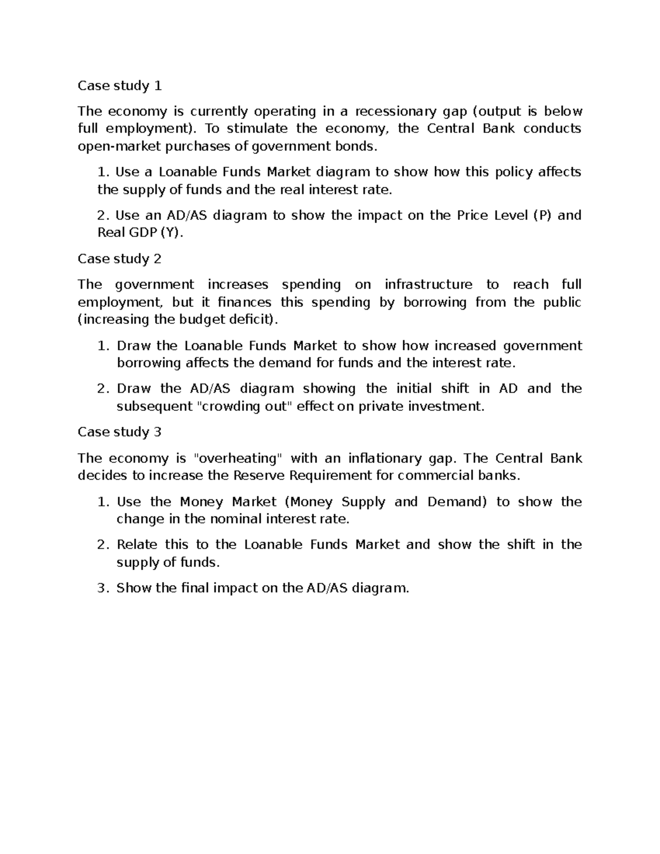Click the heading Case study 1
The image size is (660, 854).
coord(120,86)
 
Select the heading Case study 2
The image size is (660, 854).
coord(120,259)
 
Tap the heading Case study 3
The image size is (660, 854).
coord(120,432)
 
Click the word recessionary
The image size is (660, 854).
coord(396,112)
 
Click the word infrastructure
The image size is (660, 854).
coord(428,285)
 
